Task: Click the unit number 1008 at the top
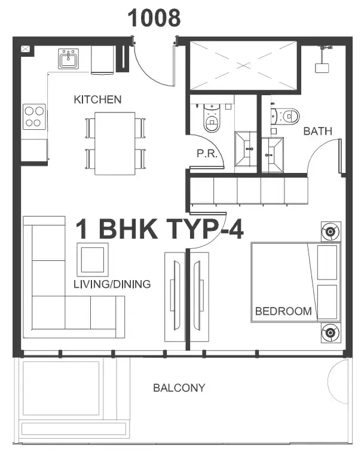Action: [x=154, y=18]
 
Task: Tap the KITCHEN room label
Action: [x=97, y=99]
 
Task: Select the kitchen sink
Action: [x=68, y=59]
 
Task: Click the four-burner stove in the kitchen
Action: [x=34, y=117]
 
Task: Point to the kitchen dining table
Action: [x=115, y=144]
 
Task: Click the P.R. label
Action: [x=207, y=153]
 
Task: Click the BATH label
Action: [x=317, y=131]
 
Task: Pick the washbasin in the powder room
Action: [x=246, y=149]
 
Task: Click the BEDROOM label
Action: [x=283, y=311]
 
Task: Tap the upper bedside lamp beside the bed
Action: [x=331, y=232]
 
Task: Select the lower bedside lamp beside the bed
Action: [x=331, y=332]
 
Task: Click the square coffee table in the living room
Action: [x=93, y=259]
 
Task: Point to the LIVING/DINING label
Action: [x=112, y=284]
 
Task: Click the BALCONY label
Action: [x=179, y=388]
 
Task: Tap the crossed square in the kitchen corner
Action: [x=25, y=48]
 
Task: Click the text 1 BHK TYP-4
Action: [x=159, y=229]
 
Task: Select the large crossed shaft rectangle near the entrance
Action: [x=243, y=65]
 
